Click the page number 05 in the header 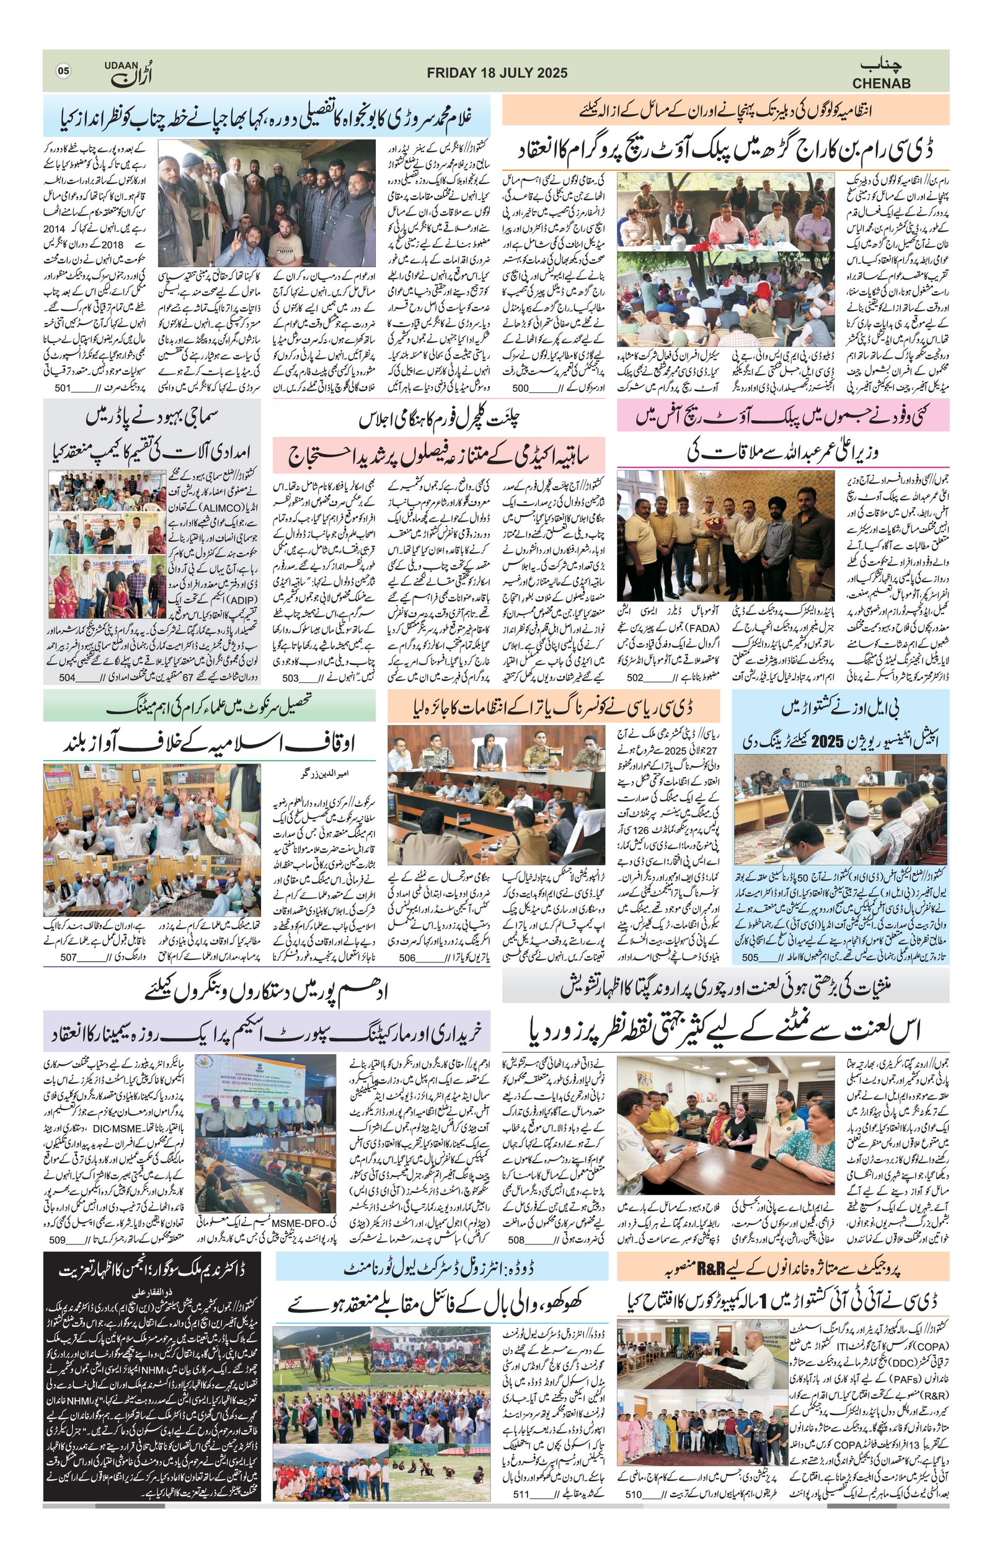tap(63, 71)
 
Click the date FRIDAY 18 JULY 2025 tap(497, 73)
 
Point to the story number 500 tap(521, 388)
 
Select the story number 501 tap(62, 388)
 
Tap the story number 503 tap(290, 677)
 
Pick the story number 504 tap(68, 677)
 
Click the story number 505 tap(750, 957)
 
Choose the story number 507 tap(69, 957)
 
